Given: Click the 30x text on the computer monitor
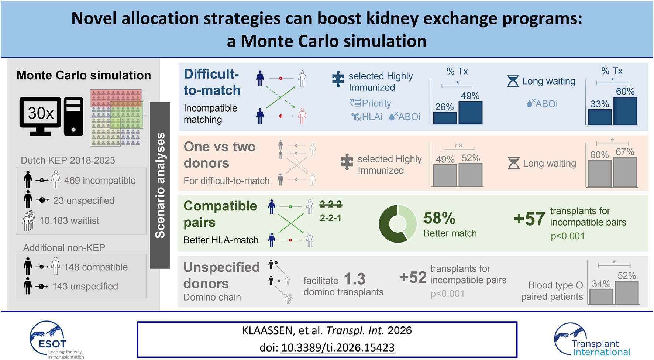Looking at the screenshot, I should [41, 113].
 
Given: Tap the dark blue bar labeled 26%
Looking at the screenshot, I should [445, 118].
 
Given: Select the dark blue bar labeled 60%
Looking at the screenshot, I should [625, 111].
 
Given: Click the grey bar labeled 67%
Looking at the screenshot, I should [625, 172].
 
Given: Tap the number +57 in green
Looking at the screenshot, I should [529, 219].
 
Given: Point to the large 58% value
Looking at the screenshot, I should [439, 218].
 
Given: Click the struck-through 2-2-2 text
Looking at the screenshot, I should [331, 204].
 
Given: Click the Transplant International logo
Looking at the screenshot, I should [592, 340].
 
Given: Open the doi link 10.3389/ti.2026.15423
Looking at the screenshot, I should [338, 347].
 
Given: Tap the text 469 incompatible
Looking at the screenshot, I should [100, 181].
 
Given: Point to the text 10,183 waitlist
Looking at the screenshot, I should [69, 221].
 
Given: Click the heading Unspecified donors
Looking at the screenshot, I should [221, 275].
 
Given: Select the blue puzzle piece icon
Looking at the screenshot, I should [338, 79].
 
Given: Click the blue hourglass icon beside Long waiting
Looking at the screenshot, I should [513, 81].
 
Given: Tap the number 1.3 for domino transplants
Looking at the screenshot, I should [354, 279].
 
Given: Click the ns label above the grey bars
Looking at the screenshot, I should [458, 145].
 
